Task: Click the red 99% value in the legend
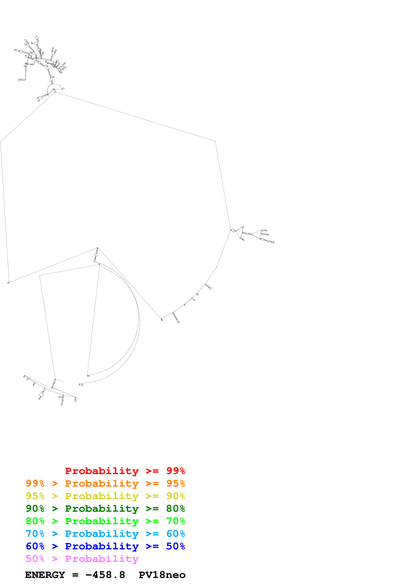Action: pos(175,471)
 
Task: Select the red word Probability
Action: pos(102,471)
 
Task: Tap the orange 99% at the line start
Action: pos(35,483)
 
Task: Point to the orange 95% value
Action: pos(175,483)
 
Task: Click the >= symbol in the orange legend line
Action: pos(152,483)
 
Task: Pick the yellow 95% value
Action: pos(35,496)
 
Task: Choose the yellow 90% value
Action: pos(175,496)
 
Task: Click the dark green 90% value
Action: pos(35,509)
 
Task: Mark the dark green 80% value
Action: pos(175,509)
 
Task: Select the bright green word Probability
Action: pos(102,521)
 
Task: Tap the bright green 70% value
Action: pos(175,521)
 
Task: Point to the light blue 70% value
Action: pos(35,534)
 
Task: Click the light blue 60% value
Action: pos(175,534)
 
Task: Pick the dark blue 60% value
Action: pos(35,546)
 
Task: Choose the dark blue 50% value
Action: pos(175,546)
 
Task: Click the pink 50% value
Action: pos(35,559)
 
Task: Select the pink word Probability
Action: pos(102,559)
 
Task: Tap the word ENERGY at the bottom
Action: pos(45,575)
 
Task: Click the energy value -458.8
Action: pos(105,575)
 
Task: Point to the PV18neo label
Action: pos(162,575)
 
